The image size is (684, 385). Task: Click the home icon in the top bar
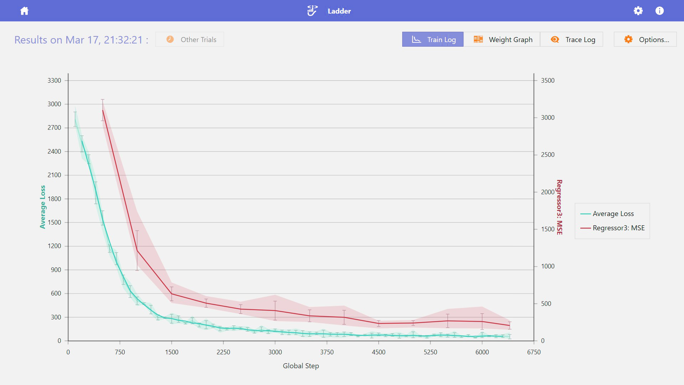pos(24,11)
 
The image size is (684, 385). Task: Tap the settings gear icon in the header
pos(638,11)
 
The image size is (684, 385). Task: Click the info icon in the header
pos(659,11)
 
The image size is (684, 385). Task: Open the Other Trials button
pos(190,40)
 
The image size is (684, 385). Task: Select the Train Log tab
pos(433,40)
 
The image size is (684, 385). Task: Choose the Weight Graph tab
pos(502,40)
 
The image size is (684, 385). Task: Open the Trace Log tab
pos(572,40)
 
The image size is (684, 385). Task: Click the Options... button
pos(645,40)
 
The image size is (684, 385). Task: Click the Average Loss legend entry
pos(613,214)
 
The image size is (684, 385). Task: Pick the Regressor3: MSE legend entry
pos(618,228)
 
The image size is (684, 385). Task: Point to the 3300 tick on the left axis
pos(55,81)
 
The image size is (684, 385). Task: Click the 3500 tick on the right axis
pos(548,81)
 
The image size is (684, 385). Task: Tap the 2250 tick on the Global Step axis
pos(223,352)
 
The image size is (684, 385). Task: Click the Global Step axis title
pos(301,366)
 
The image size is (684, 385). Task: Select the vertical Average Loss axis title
pos(43,207)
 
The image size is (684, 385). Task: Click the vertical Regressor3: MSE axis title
pos(559,207)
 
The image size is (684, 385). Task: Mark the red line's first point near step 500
pos(103,110)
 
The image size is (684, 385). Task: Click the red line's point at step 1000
pos(137,250)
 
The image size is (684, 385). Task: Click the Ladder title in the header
pos(339,11)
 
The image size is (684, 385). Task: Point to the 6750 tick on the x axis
pos(534,352)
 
